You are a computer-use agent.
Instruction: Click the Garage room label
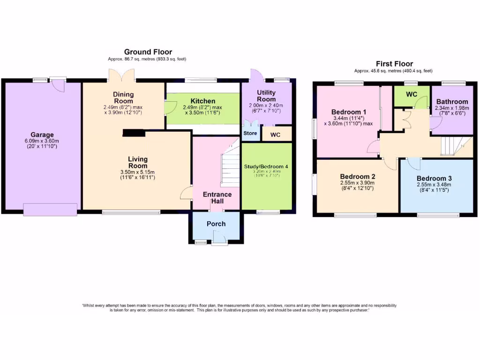point(42,135)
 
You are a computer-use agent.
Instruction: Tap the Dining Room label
point(123,97)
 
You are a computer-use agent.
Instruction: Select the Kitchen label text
point(202,101)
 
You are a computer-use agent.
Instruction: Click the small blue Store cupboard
point(250,134)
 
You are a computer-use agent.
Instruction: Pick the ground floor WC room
point(276,135)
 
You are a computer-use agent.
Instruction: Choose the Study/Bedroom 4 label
point(266,167)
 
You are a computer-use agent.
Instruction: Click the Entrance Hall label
point(217,197)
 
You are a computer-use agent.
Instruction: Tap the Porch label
point(216,224)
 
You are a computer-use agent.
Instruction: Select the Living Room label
point(138,163)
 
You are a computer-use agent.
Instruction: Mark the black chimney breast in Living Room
point(134,134)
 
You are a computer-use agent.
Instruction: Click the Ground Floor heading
point(148,52)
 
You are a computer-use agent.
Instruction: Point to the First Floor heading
point(395,64)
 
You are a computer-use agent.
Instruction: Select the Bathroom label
point(452,102)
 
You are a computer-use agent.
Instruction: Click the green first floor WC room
point(412,96)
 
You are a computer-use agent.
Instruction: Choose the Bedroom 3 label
point(434,179)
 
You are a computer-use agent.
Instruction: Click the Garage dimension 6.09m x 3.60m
point(42,141)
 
